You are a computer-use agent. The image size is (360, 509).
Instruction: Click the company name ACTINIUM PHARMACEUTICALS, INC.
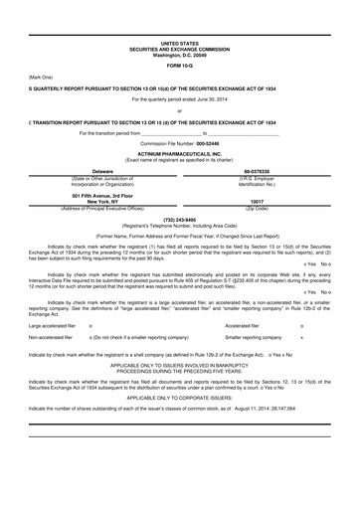[180, 154]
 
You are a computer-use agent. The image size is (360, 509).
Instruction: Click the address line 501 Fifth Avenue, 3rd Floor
[102, 195]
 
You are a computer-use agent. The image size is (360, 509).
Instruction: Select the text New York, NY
[102, 201]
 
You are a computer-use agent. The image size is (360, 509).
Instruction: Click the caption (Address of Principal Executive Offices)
[102, 207]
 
